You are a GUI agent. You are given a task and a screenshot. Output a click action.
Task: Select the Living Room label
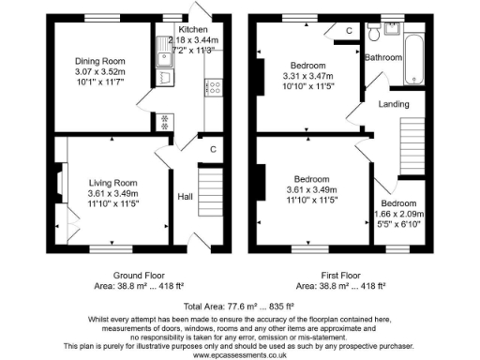pos(113,183)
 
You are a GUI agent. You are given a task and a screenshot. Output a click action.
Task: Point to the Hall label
pos(186,197)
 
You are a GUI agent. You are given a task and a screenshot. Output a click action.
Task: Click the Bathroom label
pos(383,58)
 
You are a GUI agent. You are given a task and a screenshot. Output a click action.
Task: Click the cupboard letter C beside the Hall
pos(214,149)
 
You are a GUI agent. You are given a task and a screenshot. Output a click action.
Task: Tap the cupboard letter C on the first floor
pos(349,31)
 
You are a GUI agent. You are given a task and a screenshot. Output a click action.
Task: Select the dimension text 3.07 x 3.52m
pos(98,74)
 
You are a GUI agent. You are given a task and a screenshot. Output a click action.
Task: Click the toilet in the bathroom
pos(374,33)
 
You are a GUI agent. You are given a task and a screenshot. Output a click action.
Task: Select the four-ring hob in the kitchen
pos(213,90)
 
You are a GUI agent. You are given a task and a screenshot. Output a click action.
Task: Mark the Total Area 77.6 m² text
pos(239,306)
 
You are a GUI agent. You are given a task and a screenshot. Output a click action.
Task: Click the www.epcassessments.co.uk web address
pos(238,353)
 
